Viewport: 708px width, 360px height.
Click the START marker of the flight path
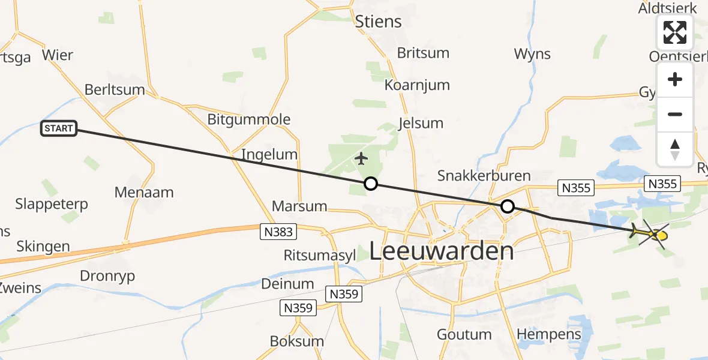tap(59, 128)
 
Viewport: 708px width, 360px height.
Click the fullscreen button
tap(675, 32)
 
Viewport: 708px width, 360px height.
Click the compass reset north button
tap(675, 149)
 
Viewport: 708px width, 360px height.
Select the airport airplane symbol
tap(361, 159)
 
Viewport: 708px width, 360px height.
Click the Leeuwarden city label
tap(441, 251)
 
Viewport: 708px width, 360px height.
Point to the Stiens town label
tap(378, 22)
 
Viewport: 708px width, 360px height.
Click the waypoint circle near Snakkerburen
tap(508, 207)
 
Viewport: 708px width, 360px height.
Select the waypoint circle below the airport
tap(371, 184)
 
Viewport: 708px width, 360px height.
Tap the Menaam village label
tap(144, 193)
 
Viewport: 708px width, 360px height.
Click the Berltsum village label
tap(115, 90)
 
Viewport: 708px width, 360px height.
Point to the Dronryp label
tap(107, 276)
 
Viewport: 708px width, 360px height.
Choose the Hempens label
tap(549, 334)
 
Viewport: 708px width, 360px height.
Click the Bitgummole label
tap(248, 119)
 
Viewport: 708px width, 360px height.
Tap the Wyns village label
tap(532, 54)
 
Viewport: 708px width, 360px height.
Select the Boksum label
tap(297, 341)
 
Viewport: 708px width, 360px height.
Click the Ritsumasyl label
tap(320, 255)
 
